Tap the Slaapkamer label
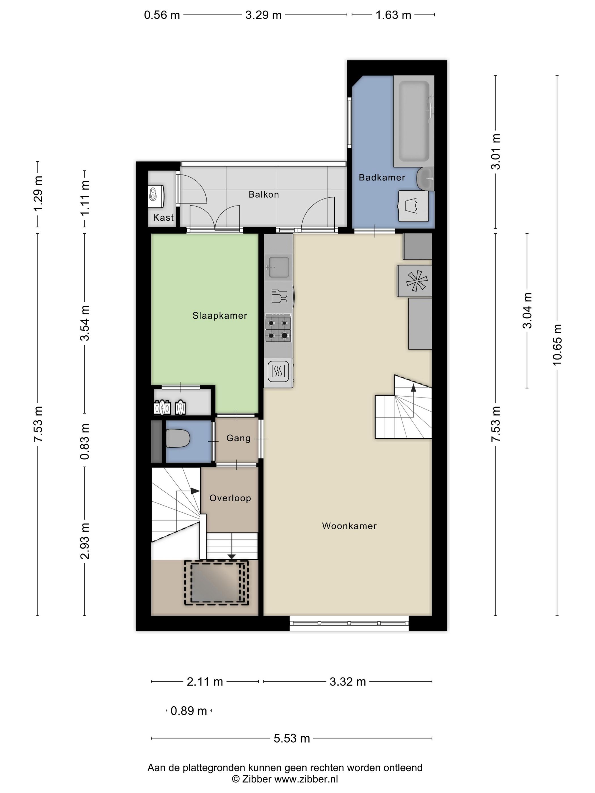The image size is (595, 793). (220, 316)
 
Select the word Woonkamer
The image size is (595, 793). (349, 526)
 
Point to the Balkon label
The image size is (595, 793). (263, 194)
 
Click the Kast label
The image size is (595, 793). (163, 217)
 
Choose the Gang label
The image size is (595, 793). (239, 438)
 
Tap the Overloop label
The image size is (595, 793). (230, 498)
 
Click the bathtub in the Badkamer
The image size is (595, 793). (414, 121)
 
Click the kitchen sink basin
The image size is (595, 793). (279, 267)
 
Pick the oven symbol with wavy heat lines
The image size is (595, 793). (278, 371)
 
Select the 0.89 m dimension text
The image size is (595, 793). (189, 711)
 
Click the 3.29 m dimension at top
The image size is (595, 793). (263, 15)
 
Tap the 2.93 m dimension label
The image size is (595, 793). (85, 541)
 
